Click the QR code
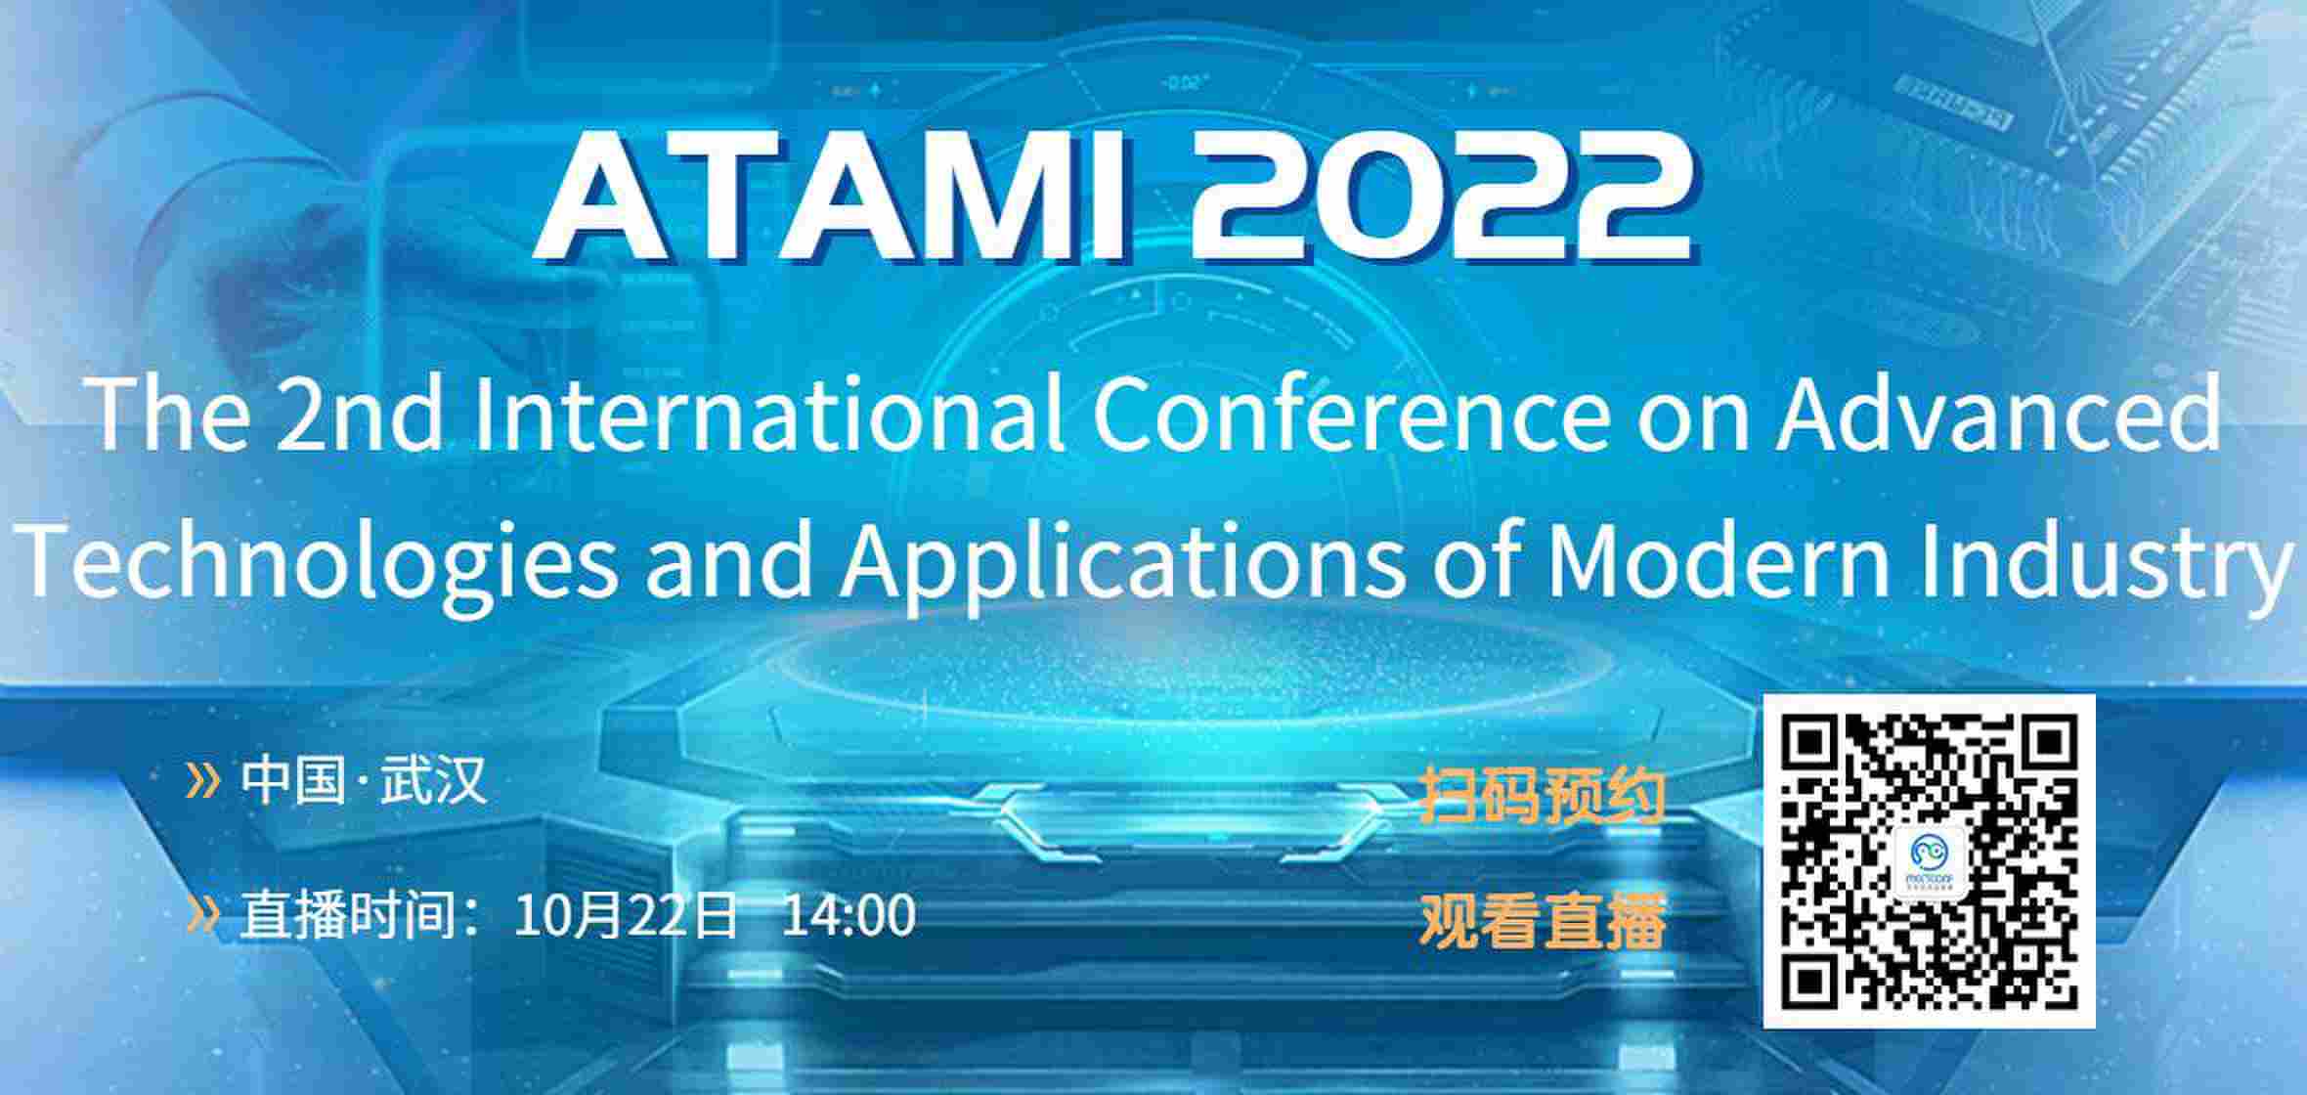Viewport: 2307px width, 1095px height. [1929, 861]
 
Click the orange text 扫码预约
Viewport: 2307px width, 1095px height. [1543, 796]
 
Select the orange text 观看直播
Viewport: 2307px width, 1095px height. [1543, 921]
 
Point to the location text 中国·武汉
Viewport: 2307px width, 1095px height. [364, 780]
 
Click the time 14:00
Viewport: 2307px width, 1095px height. [849, 915]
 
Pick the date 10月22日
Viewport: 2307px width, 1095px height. [626, 915]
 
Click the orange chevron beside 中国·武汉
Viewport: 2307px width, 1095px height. [202, 780]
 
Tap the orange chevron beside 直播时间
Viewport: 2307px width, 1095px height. [202, 914]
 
